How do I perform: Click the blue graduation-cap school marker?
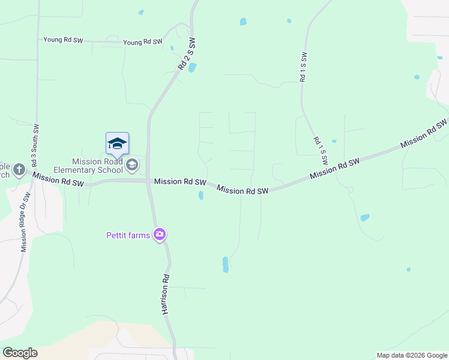(x=117, y=143)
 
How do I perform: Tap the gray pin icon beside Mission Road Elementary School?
(x=133, y=164)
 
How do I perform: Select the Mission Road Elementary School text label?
(x=97, y=166)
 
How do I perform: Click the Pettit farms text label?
(x=128, y=235)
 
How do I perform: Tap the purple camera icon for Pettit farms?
(x=160, y=234)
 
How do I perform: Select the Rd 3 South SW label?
(x=35, y=146)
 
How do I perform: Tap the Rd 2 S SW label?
(x=187, y=55)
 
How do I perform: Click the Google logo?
(x=20, y=353)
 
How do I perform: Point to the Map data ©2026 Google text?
(x=412, y=355)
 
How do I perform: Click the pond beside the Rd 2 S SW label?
(x=192, y=67)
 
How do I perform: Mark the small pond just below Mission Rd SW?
(x=200, y=195)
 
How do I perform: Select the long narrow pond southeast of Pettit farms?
(x=226, y=265)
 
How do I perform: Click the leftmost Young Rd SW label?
(x=63, y=40)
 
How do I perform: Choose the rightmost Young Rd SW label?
(x=143, y=43)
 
